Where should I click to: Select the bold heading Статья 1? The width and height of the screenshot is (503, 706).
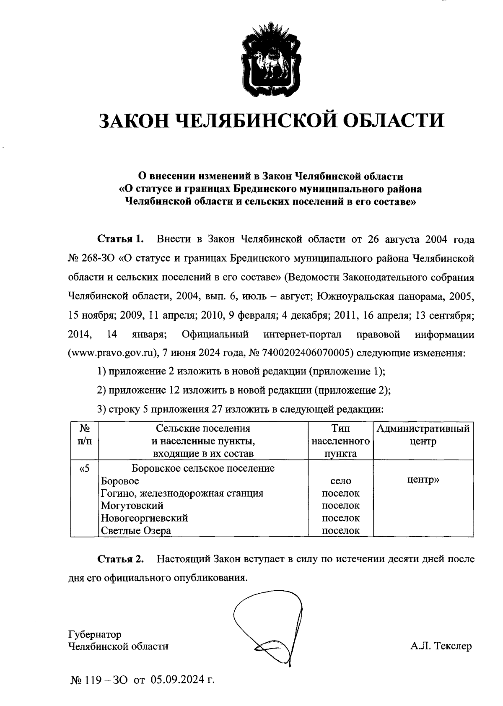pos(121,239)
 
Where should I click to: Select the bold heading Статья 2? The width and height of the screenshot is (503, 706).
pos(121,559)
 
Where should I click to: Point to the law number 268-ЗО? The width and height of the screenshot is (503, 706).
pos(100,259)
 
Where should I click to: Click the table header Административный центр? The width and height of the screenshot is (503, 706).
pos(423,435)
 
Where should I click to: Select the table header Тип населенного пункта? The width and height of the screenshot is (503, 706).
pos(340,441)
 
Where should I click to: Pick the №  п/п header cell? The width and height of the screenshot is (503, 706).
pos(85,435)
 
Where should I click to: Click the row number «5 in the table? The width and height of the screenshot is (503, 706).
pos(84,468)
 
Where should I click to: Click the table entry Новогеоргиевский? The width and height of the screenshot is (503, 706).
pos(144,518)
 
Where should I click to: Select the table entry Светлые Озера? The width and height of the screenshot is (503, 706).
pos(136,531)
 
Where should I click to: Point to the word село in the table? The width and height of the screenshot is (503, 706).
pos(340,481)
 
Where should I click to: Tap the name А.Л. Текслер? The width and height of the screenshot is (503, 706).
pos(441,646)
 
